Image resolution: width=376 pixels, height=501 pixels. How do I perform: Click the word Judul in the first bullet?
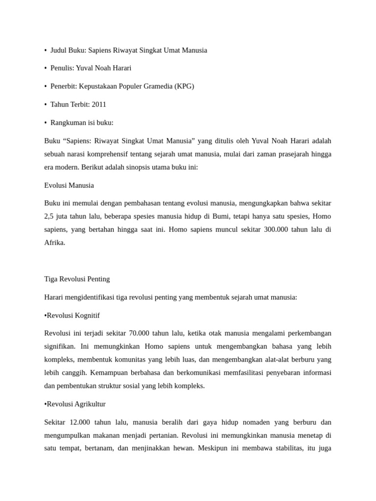click(x=59, y=50)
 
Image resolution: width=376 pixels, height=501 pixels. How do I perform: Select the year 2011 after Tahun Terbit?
click(x=98, y=104)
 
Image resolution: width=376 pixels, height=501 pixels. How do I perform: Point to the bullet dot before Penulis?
click(x=46, y=68)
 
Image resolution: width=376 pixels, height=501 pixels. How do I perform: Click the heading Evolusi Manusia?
click(x=69, y=185)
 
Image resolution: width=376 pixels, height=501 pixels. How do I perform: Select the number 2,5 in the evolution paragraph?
click(x=49, y=216)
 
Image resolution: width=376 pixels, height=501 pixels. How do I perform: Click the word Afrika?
click(x=54, y=243)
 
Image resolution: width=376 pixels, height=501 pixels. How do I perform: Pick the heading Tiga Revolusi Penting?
click(x=77, y=279)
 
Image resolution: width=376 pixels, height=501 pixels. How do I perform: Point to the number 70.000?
click(x=139, y=333)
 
